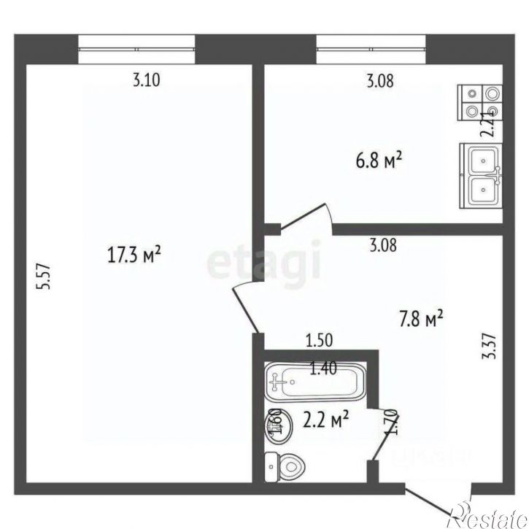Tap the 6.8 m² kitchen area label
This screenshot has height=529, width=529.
click(x=379, y=160)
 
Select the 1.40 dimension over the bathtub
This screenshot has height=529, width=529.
click(x=324, y=369)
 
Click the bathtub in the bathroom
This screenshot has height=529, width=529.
click(x=314, y=380)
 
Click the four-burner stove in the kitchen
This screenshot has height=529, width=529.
click(x=482, y=102)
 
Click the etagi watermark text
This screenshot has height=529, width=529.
click(x=264, y=263)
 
